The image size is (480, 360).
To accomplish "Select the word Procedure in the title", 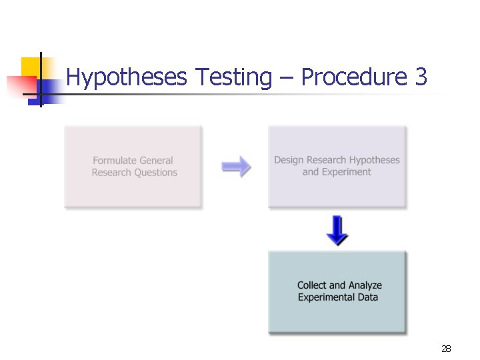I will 354,77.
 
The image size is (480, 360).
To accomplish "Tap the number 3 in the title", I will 421,77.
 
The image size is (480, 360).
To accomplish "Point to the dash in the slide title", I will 287,79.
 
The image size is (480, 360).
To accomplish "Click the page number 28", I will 446,349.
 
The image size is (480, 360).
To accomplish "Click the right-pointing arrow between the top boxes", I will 236,167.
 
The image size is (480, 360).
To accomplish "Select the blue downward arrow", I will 337,229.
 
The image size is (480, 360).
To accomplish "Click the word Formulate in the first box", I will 115,161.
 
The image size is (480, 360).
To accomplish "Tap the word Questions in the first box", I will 156,173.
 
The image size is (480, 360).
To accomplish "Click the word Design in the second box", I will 288,160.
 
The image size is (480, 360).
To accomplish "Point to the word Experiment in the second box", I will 346,172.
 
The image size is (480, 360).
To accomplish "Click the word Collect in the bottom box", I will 312,285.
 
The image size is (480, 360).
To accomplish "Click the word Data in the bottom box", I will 367,297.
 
